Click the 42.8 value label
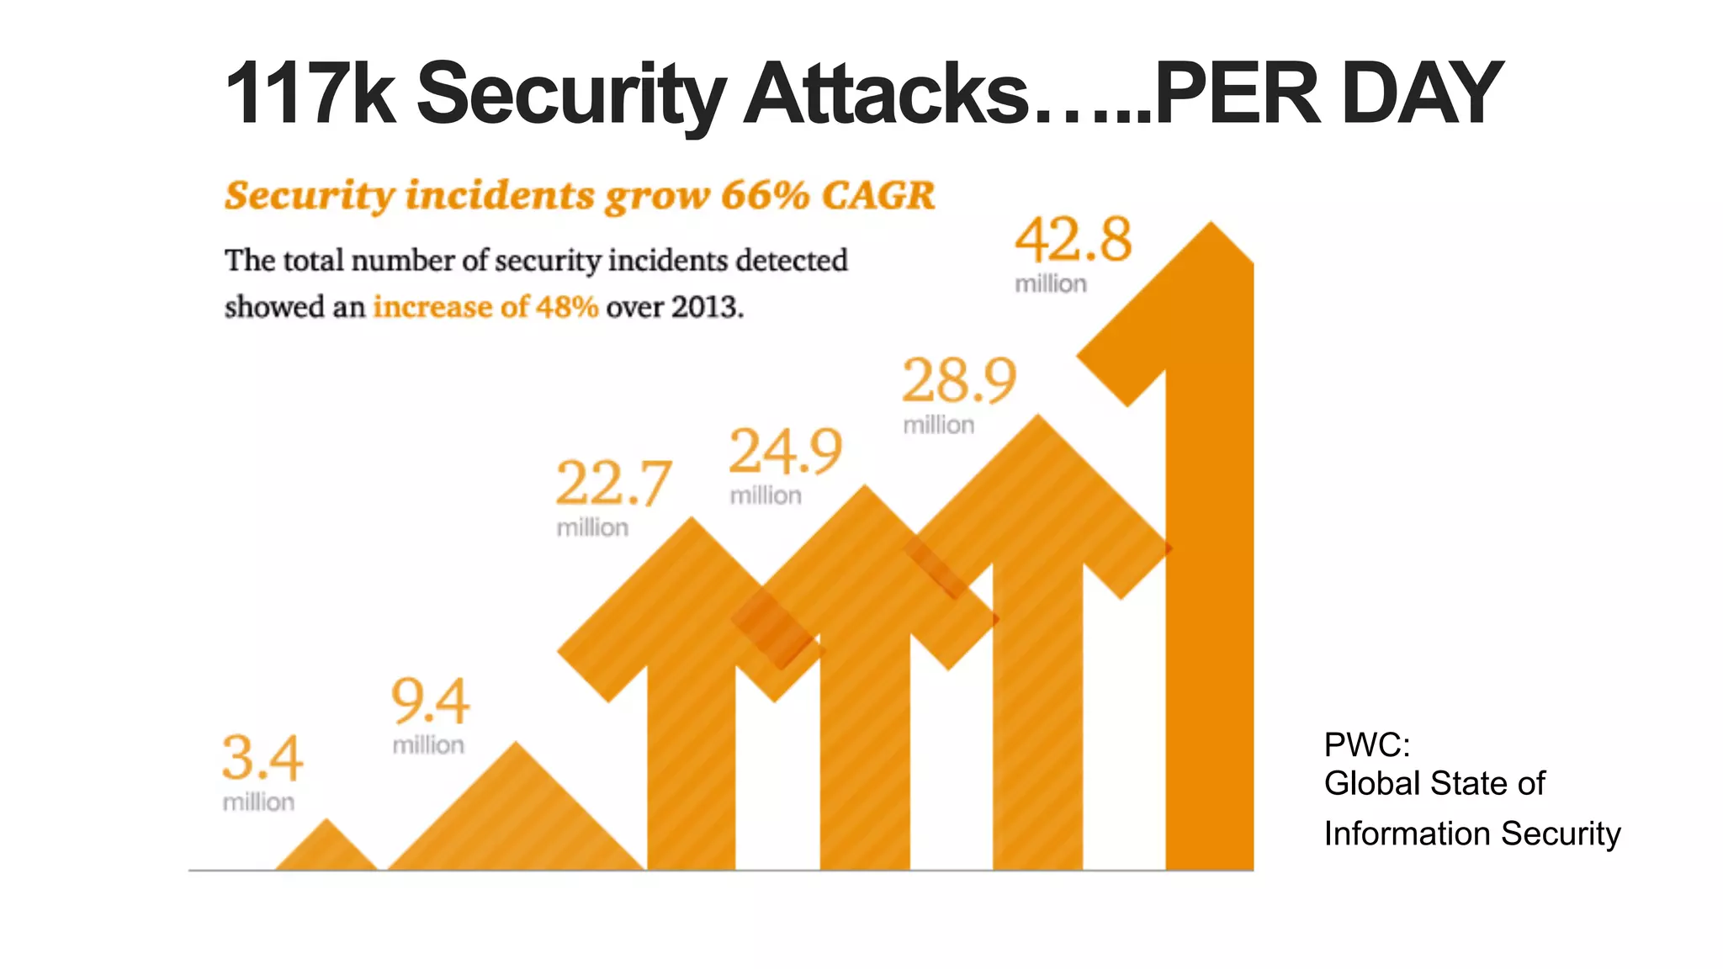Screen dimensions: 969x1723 click(x=1074, y=241)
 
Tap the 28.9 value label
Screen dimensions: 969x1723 click(x=959, y=382)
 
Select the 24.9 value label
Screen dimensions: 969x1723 click(x=785, y=453)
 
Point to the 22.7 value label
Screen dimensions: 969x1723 click(x=613, y=484)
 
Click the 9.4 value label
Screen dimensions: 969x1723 click(x=430, y=702)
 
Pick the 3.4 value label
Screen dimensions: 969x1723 click(x=262, y=759)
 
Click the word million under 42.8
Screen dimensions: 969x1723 click(x=1051, y=284)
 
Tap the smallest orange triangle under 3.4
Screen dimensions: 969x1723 click(x=326, y=848)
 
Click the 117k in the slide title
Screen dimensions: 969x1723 click(x=310, y=93)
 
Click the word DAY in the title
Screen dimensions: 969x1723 click(x=1421, y=93)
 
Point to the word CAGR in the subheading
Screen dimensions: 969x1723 click(x=878, y=196)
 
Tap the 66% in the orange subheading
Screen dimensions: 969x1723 click(x=765, y=196)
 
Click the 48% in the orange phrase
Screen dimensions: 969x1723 click(x=566, y=307)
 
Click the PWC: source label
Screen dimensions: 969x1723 click(x=1366, y=745)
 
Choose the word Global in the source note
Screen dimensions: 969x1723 click(x=1360, y=784)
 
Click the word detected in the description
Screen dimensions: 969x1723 click(x=791, y=261)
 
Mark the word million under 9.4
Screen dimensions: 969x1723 click(x=428, y=745)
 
